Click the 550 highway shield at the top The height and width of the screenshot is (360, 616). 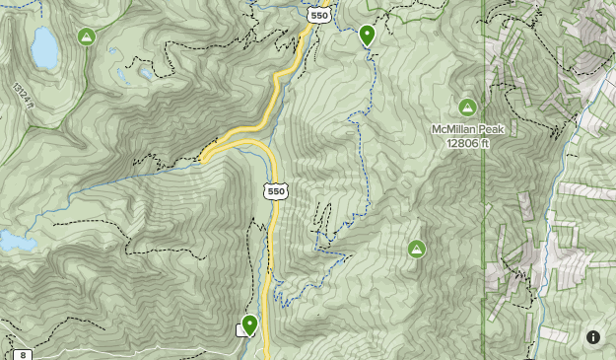tap(317, 15)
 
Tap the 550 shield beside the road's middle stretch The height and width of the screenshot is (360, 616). tap(276, 191)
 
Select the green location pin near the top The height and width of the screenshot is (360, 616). tap(368, 36)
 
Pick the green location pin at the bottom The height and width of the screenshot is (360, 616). tap(250, 324)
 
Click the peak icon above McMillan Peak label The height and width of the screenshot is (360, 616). tap(467, 107)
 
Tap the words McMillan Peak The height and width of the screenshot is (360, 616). tap(467, 129)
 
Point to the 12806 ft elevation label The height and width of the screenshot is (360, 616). tap(467, 143)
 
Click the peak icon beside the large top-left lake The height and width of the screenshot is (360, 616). tap(87, 37)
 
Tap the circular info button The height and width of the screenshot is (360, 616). tap(593, 337)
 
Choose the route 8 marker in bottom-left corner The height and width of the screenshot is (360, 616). tap(22, 354)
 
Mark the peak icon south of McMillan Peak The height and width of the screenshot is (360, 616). tap(417, 249)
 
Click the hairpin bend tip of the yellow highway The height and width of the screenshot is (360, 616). tap(204, 155)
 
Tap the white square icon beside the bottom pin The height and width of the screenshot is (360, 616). tap(240, 330)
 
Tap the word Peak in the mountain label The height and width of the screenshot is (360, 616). tap(491, 129)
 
